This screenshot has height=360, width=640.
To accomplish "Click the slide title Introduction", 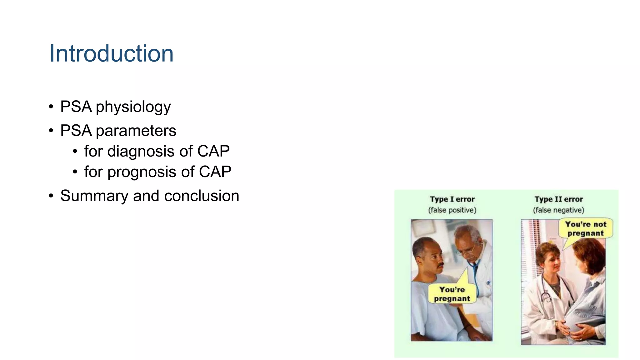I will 111,53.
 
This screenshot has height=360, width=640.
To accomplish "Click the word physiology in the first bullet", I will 133,107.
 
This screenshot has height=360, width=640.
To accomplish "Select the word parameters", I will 136,131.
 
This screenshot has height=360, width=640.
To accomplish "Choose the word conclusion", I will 202,196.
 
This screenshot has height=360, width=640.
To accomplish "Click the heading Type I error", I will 452,199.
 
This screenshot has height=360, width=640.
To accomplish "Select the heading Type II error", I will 558,199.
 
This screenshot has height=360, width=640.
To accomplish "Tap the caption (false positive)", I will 452,210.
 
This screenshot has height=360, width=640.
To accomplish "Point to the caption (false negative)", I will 558,210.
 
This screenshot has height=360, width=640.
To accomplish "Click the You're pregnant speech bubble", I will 452,294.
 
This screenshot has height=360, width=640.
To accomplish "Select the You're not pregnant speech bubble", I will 585,229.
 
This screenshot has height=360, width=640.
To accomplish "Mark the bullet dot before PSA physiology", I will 51,107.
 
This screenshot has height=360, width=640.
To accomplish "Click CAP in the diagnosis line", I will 213,152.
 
